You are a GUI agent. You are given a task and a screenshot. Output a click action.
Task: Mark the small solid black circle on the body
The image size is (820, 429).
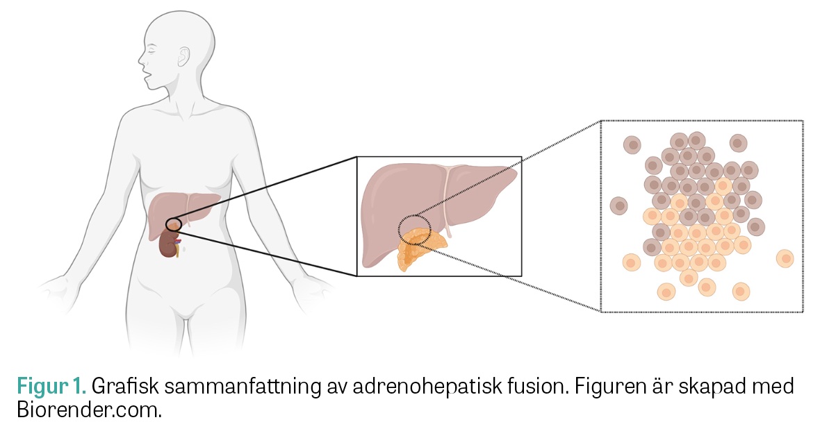click(x=174, y=224)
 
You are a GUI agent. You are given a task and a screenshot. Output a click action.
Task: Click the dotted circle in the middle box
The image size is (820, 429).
click(x=415, y=230)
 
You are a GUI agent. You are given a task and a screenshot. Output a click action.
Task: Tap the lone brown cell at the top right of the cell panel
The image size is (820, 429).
click(x=738, y=143)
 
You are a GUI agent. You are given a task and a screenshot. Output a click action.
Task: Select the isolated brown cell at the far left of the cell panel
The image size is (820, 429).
click(x=618, y=205)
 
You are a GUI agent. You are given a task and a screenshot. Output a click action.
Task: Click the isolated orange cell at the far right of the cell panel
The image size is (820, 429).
click(x=785, y=258)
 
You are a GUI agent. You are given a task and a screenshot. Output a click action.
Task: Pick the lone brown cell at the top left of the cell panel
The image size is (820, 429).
click(x=632, y=144)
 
